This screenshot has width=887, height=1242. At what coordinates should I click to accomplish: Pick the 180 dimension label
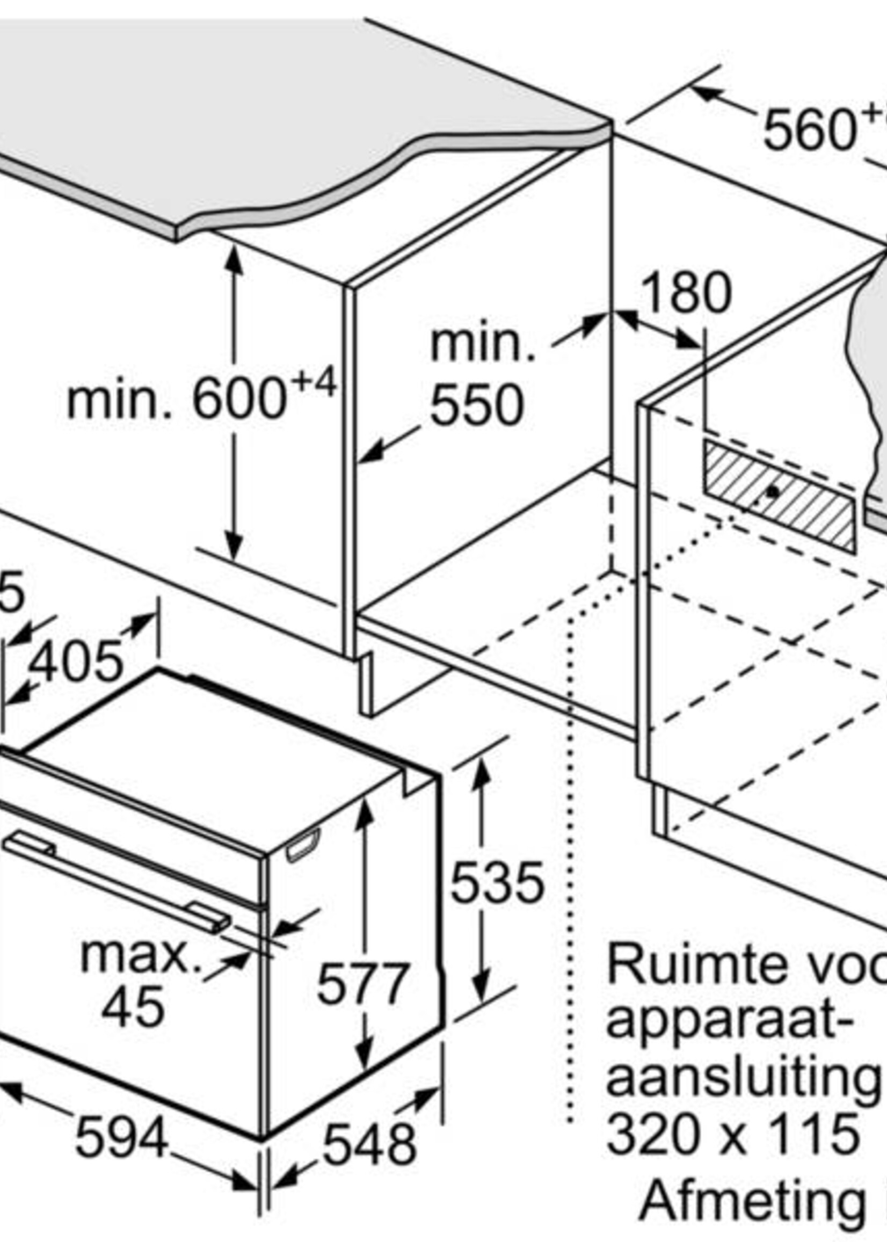pyautogui.click(x=687, y=293)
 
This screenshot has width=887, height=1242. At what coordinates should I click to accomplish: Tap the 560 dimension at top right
pyautogui.click(x=809, y=130)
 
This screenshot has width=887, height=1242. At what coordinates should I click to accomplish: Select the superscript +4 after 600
pyautogui.click(x=313, y=383)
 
